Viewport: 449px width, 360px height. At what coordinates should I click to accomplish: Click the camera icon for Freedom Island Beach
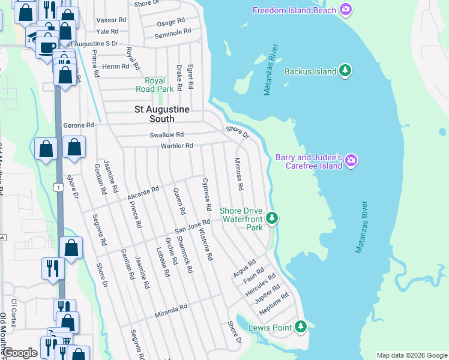tap(345, 10)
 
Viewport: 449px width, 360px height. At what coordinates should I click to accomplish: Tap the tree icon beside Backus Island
tap(345, 71)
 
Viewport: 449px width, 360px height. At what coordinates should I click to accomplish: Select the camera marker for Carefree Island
tap(352, 160)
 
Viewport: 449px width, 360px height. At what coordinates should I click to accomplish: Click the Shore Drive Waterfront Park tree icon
tap(273, 218)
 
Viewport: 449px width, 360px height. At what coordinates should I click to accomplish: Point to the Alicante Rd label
tap(143, 194)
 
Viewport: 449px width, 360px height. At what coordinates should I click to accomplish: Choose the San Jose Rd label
tap(191, 226)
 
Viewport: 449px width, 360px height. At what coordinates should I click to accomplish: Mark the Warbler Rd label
tap(176, 146)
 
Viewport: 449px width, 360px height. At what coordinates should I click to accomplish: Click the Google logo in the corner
tap(20, 353)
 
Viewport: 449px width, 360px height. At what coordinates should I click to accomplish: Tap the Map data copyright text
tap(412, 355)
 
